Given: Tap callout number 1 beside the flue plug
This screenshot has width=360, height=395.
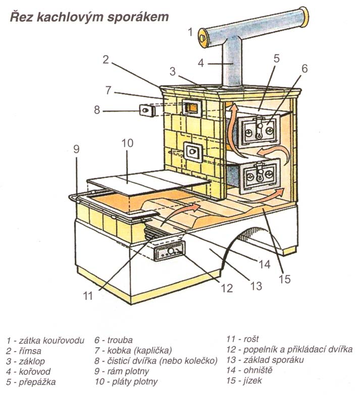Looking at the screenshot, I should coord(190,33).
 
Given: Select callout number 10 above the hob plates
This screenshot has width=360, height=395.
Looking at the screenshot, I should coord(127,143).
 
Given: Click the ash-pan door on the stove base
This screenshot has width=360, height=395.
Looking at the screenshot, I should coord(169,251).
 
